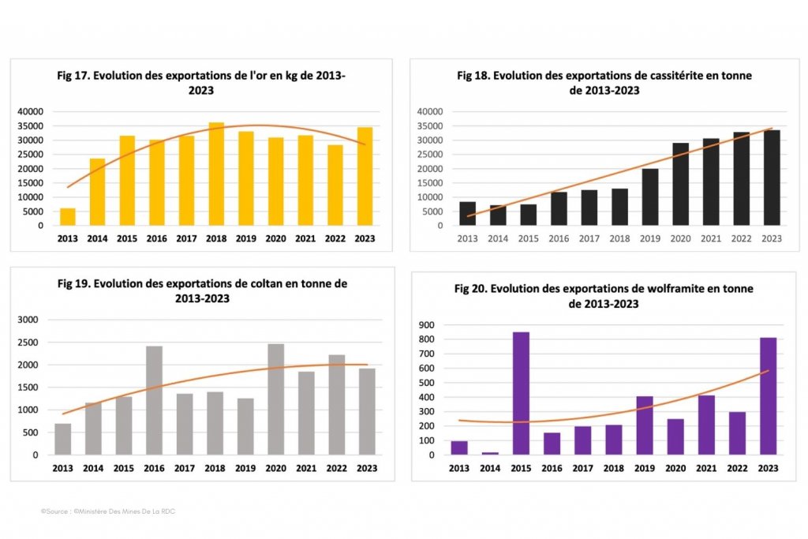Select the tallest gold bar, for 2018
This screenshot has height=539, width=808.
[x=216, y=174]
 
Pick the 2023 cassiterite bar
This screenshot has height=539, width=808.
[x=771, y=178]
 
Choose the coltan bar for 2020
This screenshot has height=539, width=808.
[x=276, y=399]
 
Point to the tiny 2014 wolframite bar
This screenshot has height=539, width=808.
[x=490, y=453]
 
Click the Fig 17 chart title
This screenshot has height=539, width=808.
[x=202, y=83]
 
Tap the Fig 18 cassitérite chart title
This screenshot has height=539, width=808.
[x=604, y=83]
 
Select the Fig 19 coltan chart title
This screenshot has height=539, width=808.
[x=202, y=290]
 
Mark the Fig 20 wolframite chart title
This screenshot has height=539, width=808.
[x=604, y=296]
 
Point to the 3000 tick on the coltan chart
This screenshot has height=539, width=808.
[x=28, y=320]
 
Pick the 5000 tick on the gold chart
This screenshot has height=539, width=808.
[x=31, y=211]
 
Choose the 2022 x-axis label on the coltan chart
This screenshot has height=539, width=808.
[x=336, y=468]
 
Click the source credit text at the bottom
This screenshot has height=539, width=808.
[x=108, y=512]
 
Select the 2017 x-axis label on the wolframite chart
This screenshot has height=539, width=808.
[x=582, y=468]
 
